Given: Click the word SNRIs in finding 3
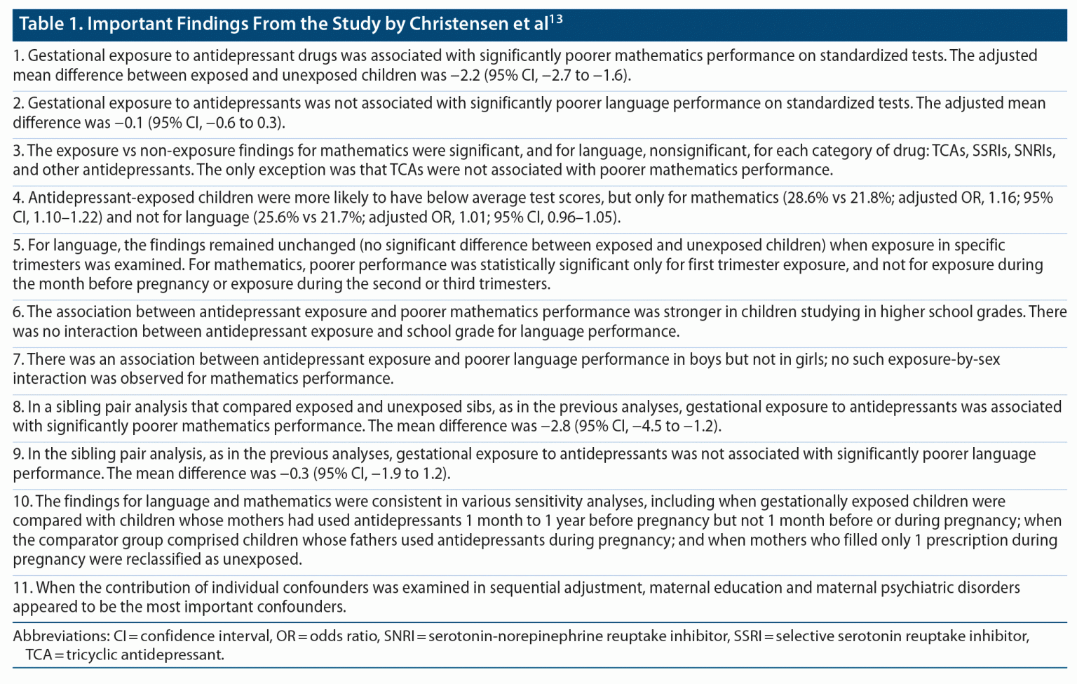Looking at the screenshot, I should [1034, 151].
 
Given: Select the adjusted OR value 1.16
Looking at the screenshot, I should [1003, 198].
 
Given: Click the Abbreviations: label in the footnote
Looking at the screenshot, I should [61, 636].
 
